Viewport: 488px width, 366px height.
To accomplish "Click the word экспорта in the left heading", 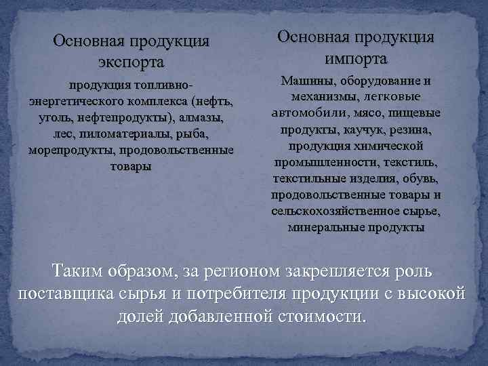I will point(131,63).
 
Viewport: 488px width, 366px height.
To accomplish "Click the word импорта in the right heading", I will point(355,57).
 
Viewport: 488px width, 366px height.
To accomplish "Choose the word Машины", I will point(304,81).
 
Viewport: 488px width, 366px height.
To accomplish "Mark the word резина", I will point(400,129).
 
